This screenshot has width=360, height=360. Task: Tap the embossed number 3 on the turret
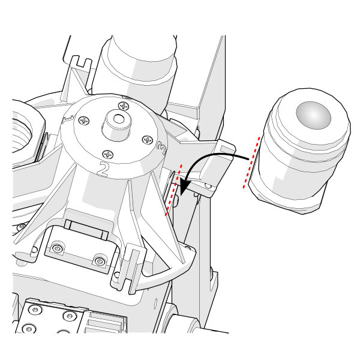point(160,146)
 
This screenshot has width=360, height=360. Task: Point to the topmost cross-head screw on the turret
point(124,106)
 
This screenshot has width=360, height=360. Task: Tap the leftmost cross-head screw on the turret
point(84,120)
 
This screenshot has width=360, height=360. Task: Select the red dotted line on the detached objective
point(251,161)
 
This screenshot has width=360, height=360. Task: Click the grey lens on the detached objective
point(313,113)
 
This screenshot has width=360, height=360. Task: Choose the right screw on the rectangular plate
point(100,261)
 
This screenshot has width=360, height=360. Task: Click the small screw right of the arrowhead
point(209,187)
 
